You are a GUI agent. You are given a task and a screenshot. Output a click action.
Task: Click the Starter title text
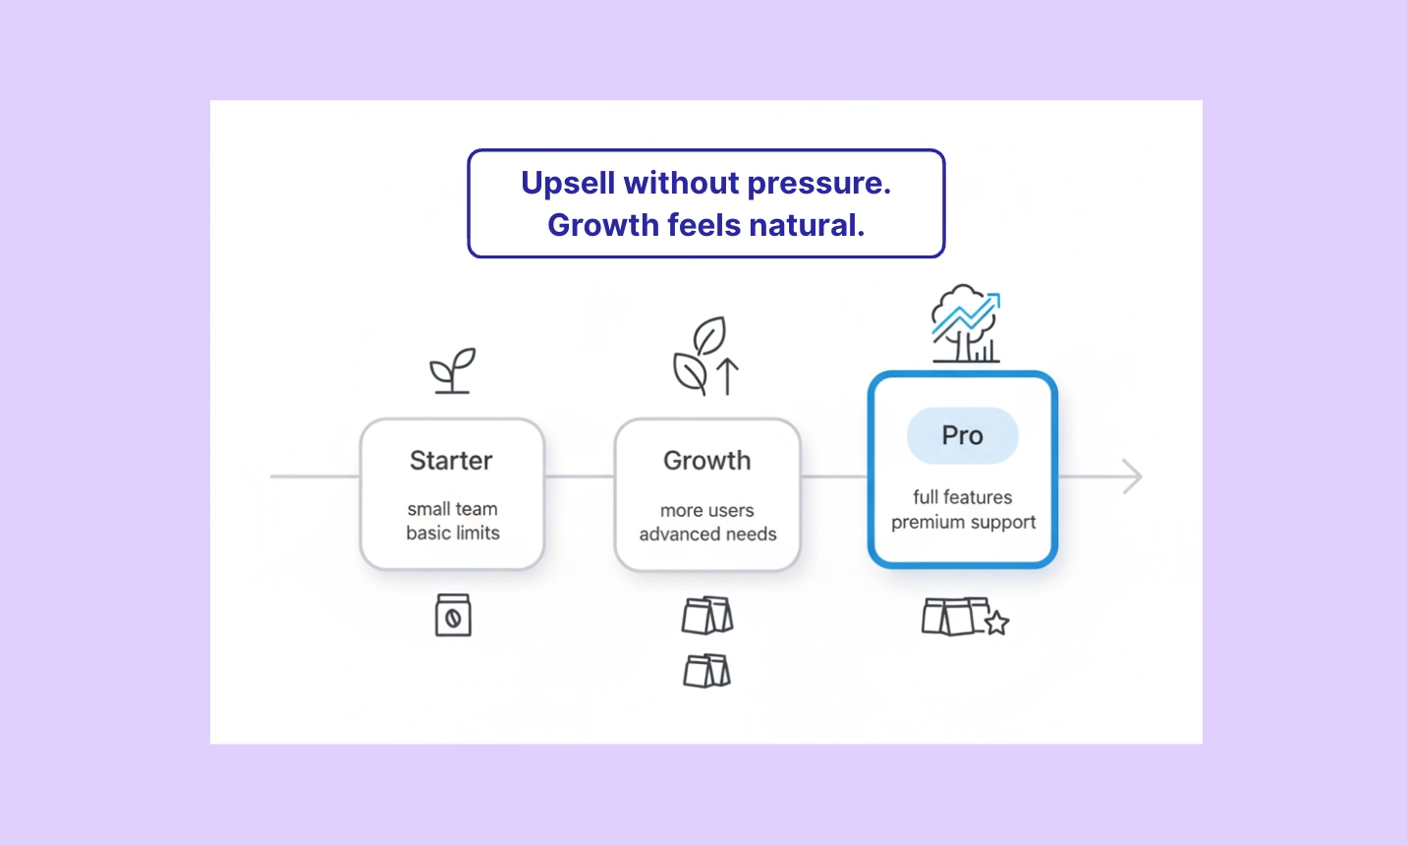click(451, 461)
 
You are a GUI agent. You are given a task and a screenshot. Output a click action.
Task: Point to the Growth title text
click(706, 461)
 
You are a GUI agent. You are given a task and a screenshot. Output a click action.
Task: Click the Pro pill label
click(962, 435)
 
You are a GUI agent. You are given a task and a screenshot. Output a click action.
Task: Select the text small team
click(452, 509)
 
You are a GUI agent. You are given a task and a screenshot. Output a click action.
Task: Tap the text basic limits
click(452, 533)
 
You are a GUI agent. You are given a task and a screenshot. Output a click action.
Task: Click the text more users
click(706, 511)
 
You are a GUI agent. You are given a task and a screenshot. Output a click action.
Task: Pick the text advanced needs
click(707, 535)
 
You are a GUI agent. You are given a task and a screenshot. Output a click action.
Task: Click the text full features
click(962, 497)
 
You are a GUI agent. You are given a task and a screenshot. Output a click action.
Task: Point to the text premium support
click(963, 522)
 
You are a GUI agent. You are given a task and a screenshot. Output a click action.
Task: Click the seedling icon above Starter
click(452, 370)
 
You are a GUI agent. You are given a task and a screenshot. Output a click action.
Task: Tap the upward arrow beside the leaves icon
click(728, 376)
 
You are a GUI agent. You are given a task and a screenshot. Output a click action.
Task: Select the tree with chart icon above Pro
click(965, 324)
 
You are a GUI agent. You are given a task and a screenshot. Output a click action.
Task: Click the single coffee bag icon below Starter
click(453, 615)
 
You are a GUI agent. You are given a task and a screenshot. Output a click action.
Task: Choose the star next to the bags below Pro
click(996, 623)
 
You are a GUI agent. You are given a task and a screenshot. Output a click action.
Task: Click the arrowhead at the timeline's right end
click(1132, 477)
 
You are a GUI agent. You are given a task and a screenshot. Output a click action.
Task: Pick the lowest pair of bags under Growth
click(706, 671)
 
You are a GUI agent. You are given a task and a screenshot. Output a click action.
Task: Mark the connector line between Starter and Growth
click(579, 477)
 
